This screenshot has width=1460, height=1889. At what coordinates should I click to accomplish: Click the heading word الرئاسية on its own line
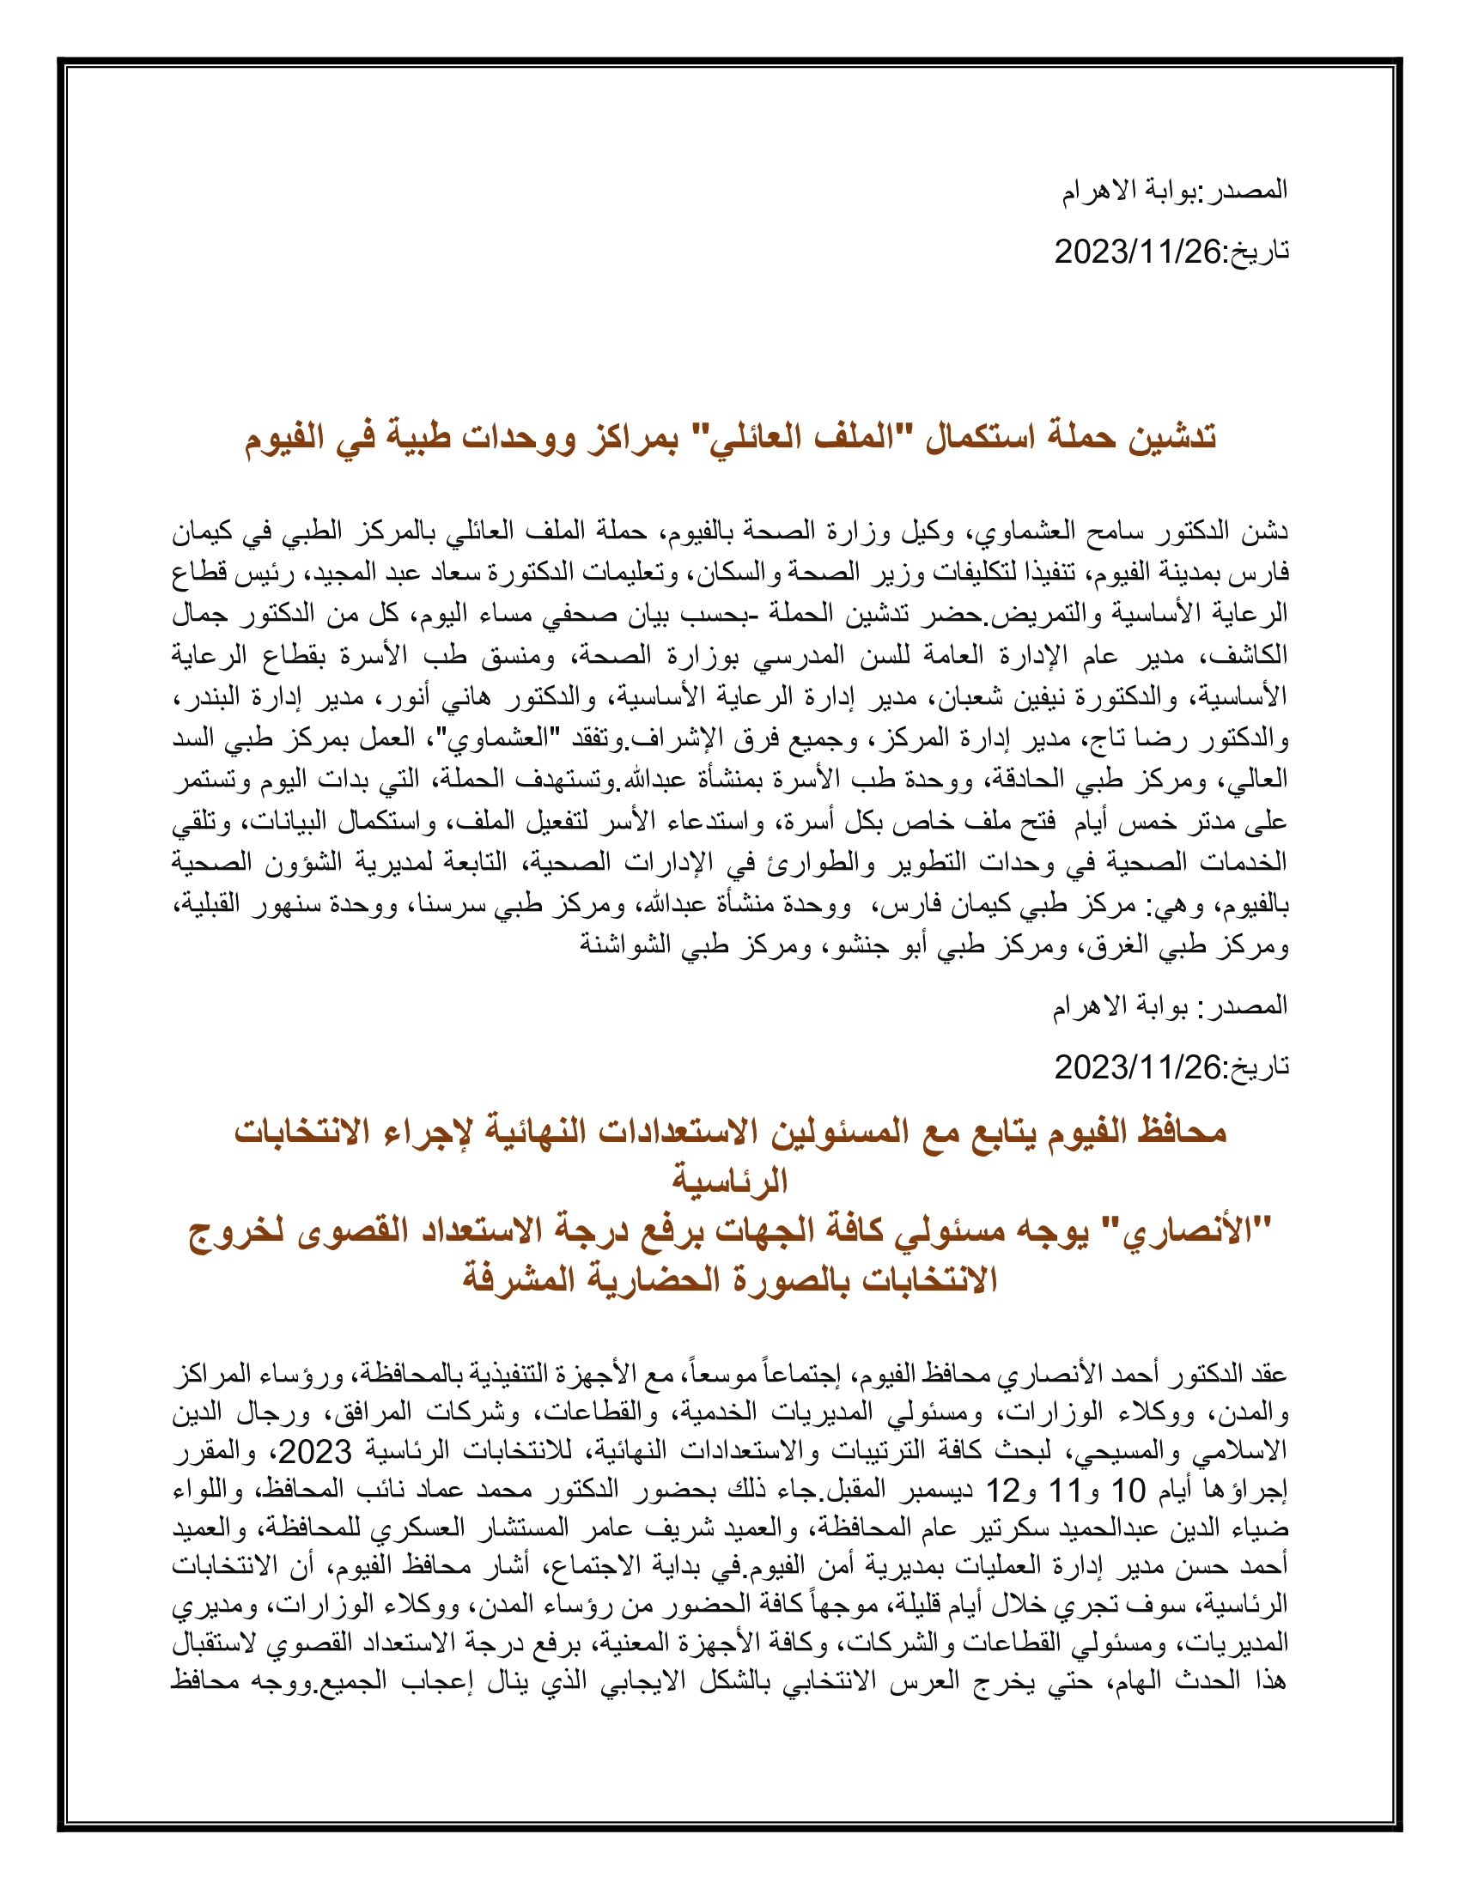tap(730, 1180)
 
